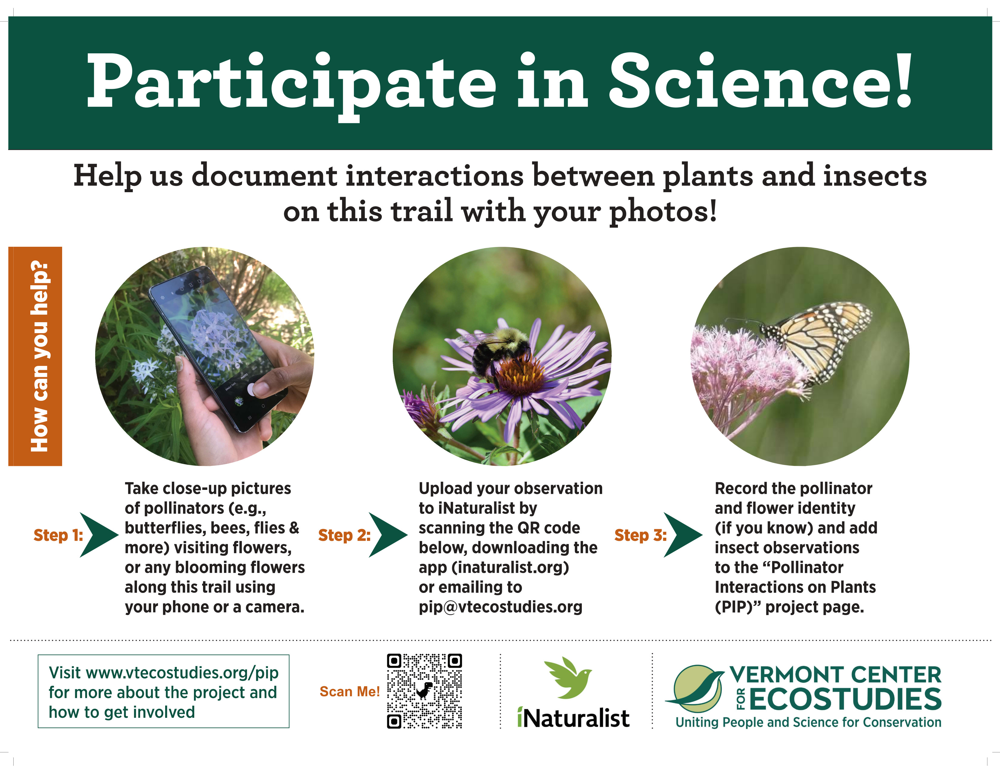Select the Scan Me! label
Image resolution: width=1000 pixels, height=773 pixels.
[350, 691]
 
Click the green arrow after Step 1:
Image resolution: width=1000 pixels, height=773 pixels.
[99, 535]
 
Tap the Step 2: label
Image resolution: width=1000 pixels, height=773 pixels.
[344, 535]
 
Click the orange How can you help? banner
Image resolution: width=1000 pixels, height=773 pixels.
[35, 356]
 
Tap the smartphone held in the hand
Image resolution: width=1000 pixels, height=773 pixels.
[215, 348]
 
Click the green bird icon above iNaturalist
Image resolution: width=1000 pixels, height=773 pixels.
[568, 678]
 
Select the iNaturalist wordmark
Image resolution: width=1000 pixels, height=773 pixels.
[573, 718]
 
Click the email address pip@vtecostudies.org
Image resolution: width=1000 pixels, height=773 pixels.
[501, 607]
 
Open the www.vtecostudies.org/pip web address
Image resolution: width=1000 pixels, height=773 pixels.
[182, 673]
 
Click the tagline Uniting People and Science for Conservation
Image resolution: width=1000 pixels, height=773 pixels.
[808, 722]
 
